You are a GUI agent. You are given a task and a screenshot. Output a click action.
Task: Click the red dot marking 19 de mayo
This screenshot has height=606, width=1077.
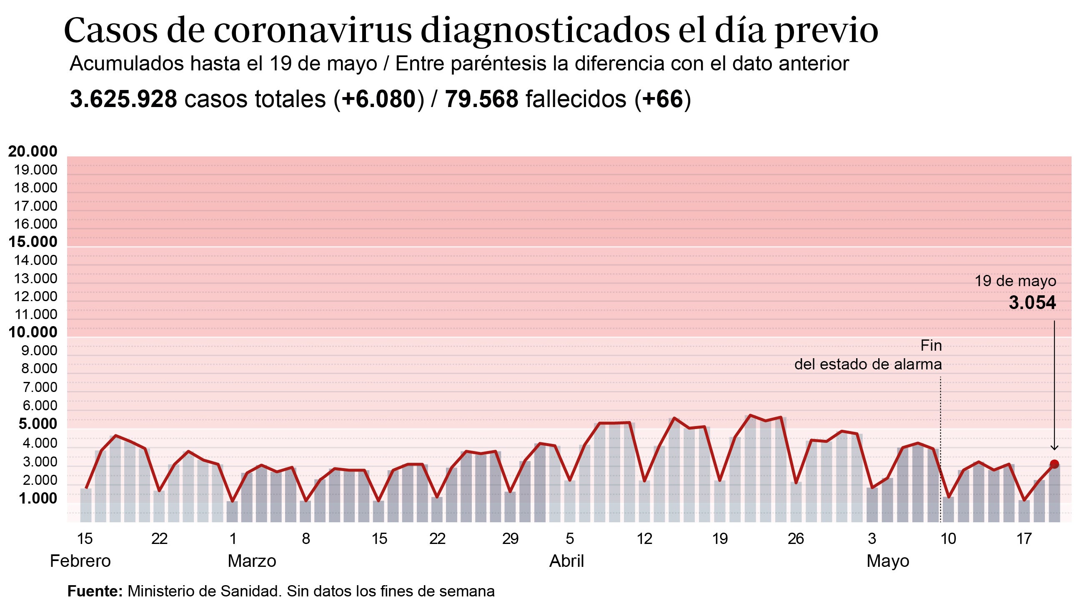point(1054,464)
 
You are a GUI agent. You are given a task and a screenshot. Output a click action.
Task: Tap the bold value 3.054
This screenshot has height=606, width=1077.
point(1032,302)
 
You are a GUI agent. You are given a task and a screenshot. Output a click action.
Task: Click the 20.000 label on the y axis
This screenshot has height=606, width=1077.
point(33,151)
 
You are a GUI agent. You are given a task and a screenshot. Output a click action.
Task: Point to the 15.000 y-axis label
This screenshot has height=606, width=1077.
point(33,242)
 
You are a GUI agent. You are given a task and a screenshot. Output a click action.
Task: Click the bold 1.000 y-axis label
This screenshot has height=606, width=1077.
point(38,498)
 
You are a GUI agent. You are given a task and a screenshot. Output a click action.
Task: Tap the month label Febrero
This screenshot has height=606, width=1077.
point(80,561)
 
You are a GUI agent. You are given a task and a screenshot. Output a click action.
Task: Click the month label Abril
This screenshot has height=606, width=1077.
point(566,561)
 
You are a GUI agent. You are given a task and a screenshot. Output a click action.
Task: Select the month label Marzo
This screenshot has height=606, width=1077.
point(252,561)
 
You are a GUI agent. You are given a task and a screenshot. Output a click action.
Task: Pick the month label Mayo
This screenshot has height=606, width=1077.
point(888,561)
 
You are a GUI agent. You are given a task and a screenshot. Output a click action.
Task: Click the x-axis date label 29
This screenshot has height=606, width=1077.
point(510,539)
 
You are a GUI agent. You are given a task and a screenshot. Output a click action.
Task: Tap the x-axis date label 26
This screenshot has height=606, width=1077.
point(796,539)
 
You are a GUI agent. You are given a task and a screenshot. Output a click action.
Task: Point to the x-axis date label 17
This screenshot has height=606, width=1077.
point(1024,539)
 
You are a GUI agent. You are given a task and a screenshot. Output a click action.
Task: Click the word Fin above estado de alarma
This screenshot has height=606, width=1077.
point(931,346)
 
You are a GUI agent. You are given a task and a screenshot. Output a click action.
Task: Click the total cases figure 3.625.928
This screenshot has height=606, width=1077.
point(124,100)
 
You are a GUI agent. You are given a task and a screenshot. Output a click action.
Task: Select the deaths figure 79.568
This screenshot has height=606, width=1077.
point(481,100)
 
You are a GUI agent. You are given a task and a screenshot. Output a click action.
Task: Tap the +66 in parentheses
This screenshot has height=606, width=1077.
point(662,100)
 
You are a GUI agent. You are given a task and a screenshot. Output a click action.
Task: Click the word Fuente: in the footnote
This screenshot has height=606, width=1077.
point(95,591)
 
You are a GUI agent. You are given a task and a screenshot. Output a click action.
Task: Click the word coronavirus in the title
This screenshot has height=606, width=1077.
point(313,31)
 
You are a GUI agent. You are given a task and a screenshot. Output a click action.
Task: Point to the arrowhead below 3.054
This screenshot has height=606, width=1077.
point(1054,447)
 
